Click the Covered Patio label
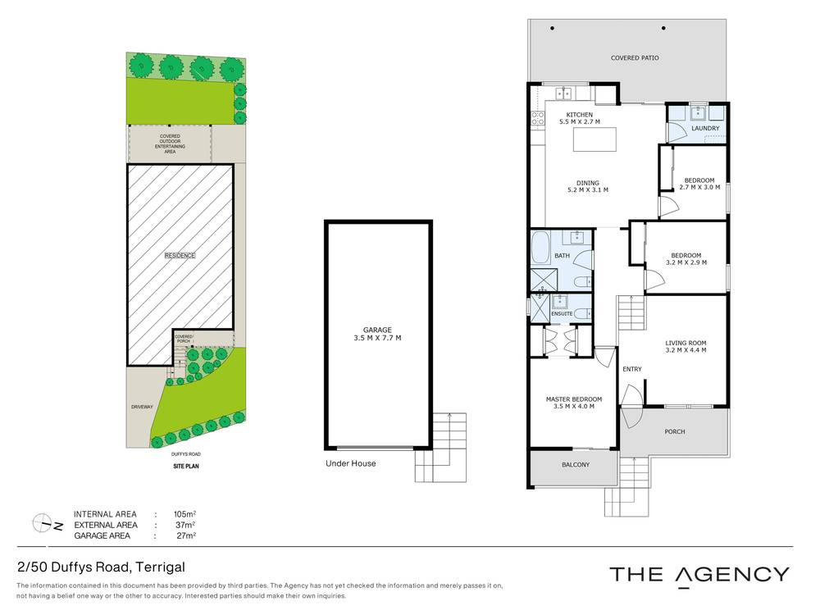pos(635,58)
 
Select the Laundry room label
pos(705,129)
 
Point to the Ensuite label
pos(562,314)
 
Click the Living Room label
pos(686,343)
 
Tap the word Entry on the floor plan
pos(632,369)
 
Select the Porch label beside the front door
pos(674,431)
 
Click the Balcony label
pos(576,465)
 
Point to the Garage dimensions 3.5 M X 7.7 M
pos(377,338)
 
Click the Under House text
pos(350,463)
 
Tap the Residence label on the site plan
pos(180,255)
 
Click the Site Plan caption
pos(186,466)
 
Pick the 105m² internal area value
pos(184,514)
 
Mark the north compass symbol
pos(46,522)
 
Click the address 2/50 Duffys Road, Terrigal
pos(101,567)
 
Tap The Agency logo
pos(699,574)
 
